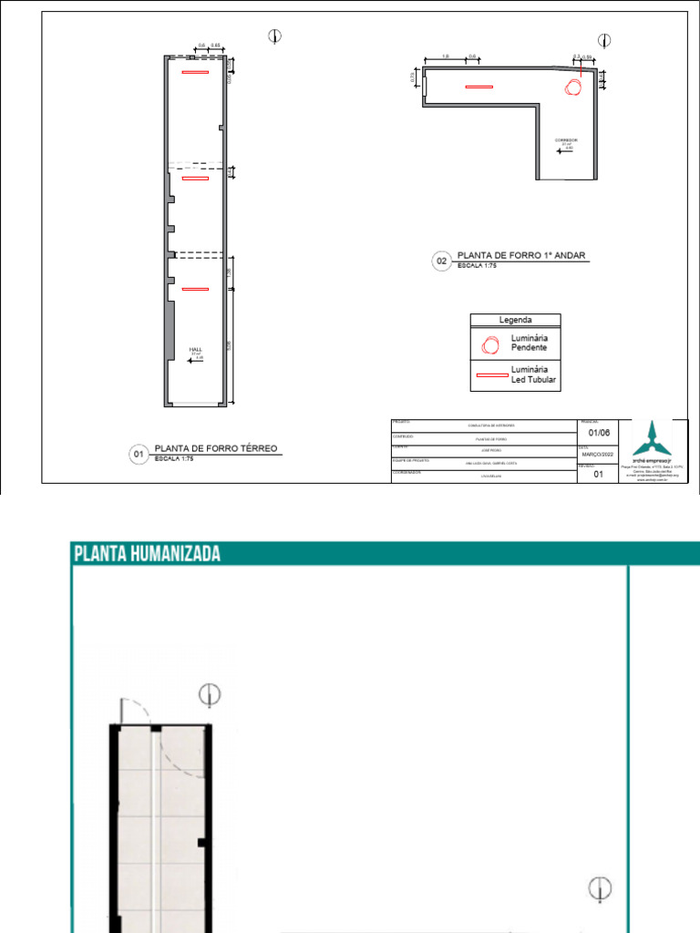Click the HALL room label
(x=195, y=349)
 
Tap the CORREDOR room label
(x=566, y=140)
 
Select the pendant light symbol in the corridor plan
(x=573, y=87)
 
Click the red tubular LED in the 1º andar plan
(x=479, y=87)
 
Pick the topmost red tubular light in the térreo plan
(x=194, y=72)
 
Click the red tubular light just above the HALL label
(x=195, y=289)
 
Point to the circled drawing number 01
(x=139, y=454)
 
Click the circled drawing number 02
(x=441, y=262)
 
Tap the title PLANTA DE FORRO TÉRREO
(x=215, y=448)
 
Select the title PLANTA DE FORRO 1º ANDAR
(x=520, y=257)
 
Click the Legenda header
(x=515, y=320)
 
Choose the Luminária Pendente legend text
(x=529, y=343)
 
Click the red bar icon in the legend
(x=490, y=374)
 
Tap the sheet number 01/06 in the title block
(x=599, y=433)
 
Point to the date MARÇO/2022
(x=598, y=453)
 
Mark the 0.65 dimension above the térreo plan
(x=216, y=45)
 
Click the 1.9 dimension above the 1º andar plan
(x=445, y=56)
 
